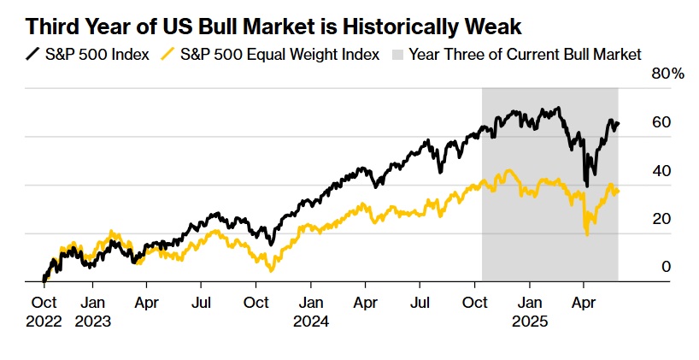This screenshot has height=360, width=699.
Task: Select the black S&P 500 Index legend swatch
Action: (32, 55)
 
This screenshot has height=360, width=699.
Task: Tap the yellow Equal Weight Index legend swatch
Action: (170, 55)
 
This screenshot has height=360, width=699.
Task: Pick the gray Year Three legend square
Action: (397, 55)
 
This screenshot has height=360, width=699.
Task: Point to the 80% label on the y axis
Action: (667, 74)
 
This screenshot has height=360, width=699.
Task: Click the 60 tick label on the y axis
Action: (661, 122)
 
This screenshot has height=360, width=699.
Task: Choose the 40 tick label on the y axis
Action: (661, 170)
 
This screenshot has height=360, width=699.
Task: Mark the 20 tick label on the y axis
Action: (661, 219)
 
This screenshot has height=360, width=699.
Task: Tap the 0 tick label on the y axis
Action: (666, 267)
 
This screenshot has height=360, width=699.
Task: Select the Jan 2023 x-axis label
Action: (93, 311)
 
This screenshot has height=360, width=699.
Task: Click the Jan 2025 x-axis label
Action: (530, 311)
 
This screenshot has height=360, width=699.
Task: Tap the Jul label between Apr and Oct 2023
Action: (202, 302)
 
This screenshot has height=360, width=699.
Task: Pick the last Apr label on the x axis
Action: (584, 302)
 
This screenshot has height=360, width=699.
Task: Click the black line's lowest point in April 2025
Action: (586, 185)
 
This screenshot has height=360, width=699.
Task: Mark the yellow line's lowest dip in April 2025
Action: (587, 234)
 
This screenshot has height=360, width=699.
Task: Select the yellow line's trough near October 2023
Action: (271, 271)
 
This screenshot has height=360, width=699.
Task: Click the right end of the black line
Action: (619, 123)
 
